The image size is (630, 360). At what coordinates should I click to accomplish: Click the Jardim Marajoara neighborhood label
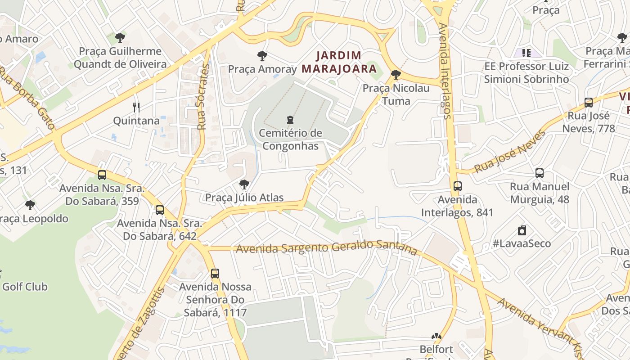(339, 62)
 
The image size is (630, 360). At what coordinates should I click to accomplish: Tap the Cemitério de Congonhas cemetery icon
(290, 120)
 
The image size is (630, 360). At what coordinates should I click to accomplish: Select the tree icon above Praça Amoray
(262, 56)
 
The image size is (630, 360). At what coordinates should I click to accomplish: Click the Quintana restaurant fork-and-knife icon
(137, 107)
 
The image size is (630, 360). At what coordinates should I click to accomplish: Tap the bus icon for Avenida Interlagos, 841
(458, 186)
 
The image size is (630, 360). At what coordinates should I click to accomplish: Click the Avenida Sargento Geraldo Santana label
(326, 247)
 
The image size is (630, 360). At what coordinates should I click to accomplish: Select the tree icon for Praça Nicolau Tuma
(396, 74)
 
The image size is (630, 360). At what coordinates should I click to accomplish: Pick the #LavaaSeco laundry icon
(522, 230)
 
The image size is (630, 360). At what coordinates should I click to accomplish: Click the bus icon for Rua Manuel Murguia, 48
(540, 173)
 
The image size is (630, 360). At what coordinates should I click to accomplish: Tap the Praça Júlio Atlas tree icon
(244, 184)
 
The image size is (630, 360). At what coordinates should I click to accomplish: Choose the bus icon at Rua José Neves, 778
(589, 102)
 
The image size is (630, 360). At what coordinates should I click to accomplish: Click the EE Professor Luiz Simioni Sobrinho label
(526, 73)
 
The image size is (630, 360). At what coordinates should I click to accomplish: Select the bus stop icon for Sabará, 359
(102, 175)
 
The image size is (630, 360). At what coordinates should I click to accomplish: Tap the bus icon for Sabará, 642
(160, 210)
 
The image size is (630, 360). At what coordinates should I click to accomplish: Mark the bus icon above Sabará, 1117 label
(215, 273)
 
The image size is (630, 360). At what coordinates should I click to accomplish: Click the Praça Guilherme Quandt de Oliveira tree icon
(120, 37)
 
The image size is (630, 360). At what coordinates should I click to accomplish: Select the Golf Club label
(25, 287)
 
